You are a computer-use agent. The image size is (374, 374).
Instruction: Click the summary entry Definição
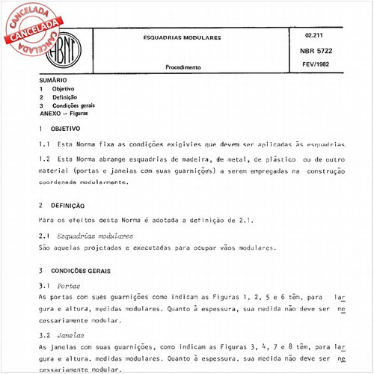[x=64, y=97]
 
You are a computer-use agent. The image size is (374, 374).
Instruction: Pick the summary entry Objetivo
[x=63, y=89]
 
